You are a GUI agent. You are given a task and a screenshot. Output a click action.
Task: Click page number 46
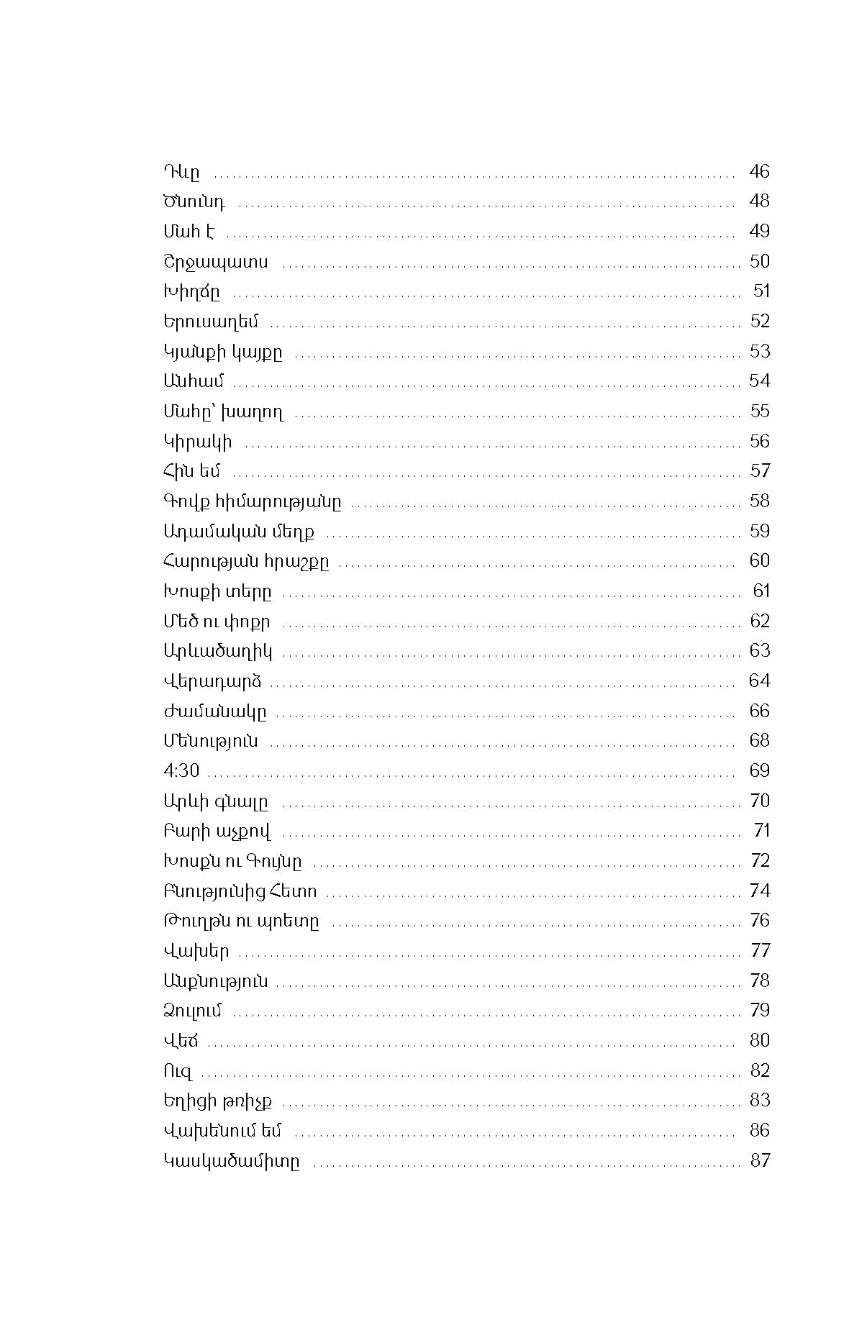759,171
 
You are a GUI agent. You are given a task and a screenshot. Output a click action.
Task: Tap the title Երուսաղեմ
210,322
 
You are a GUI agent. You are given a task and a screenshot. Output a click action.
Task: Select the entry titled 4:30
181,770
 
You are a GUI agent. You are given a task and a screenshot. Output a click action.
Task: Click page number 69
759,770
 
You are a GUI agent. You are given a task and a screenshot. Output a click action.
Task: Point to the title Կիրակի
198,441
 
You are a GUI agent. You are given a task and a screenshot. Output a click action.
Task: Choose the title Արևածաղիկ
218,651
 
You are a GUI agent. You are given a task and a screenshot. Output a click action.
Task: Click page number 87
760,1160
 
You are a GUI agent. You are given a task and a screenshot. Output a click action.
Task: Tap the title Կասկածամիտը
232,1161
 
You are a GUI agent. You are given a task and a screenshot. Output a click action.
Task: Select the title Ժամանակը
215,711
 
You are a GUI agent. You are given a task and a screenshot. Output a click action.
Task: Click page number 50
759,261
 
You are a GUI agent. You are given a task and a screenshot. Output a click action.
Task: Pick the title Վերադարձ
212,681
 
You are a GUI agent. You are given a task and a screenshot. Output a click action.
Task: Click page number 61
761,591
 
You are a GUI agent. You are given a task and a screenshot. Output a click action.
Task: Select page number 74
760,891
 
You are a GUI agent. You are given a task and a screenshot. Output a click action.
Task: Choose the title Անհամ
194,381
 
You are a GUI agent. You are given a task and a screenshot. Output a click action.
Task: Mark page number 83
760,1100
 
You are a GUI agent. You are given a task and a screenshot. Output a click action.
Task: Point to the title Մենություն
211,741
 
